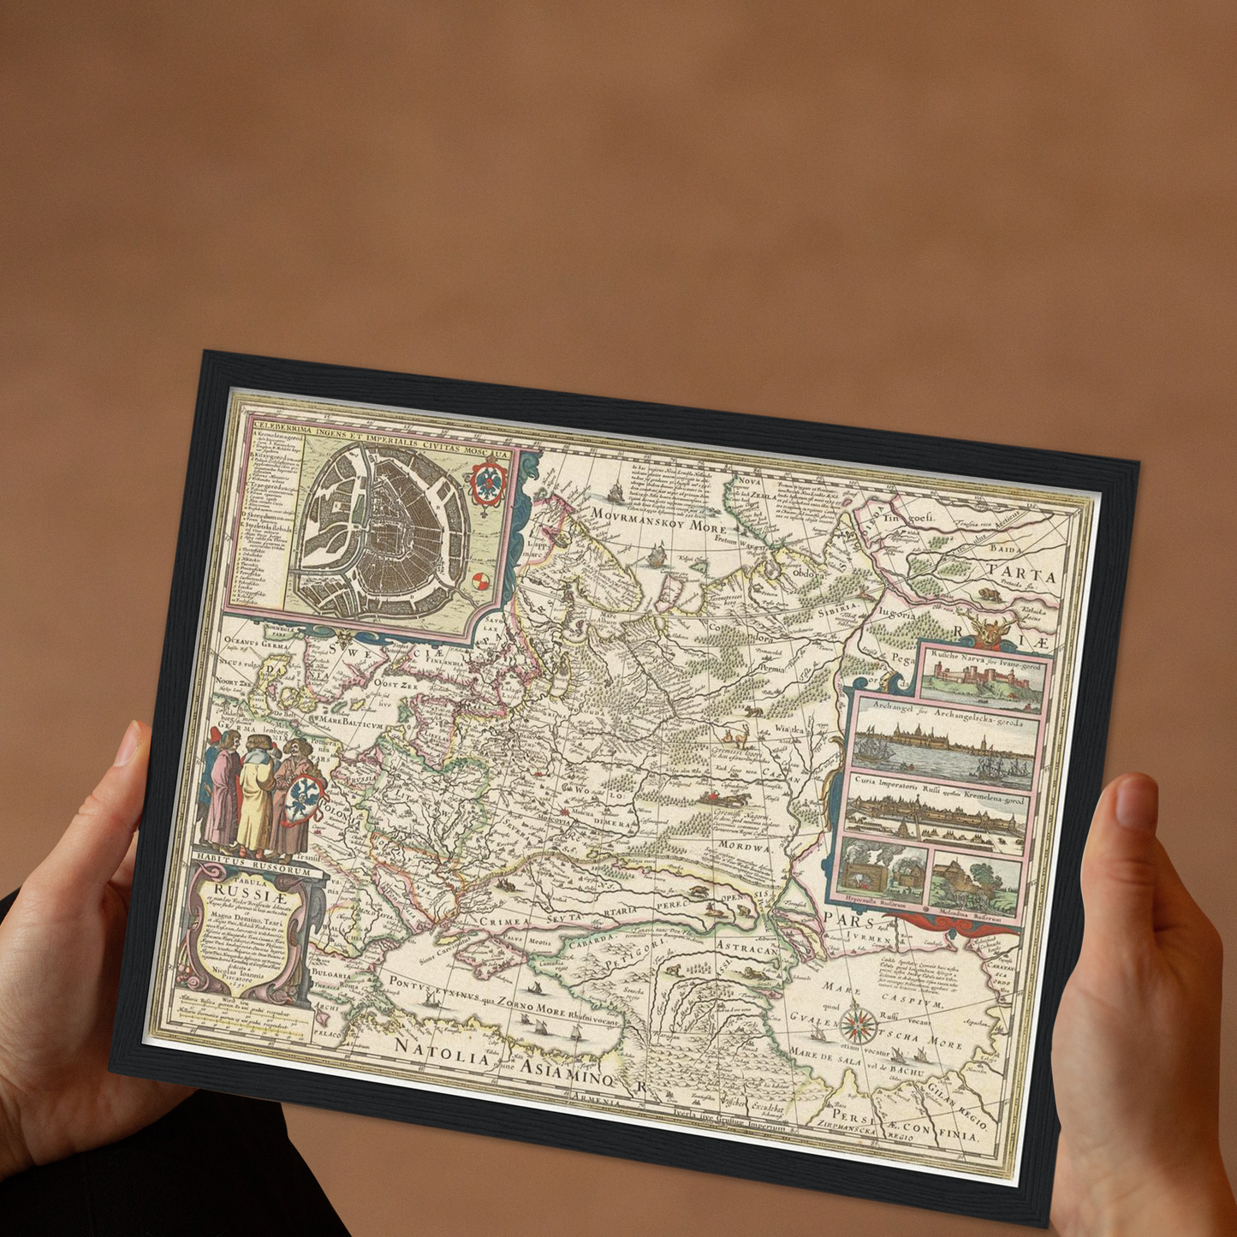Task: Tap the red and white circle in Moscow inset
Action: click(x=481, y=582)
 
